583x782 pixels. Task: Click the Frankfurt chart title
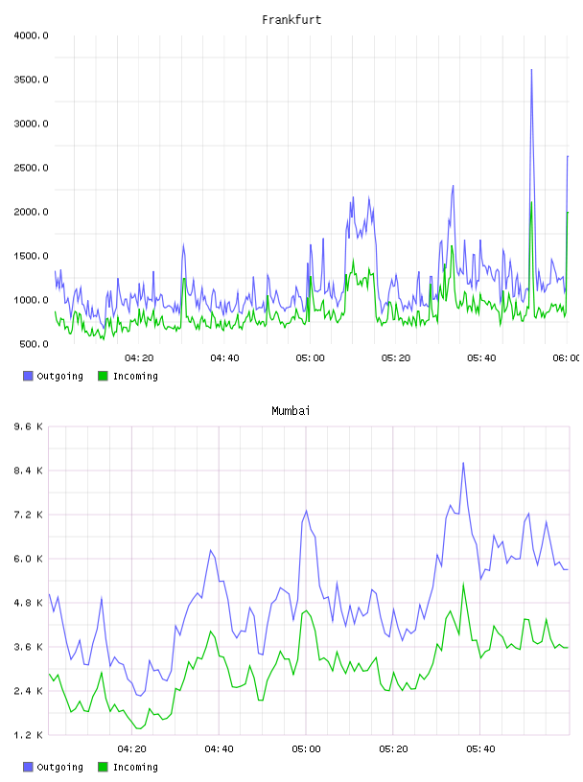click(291, 20)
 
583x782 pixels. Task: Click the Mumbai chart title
click(291, 411)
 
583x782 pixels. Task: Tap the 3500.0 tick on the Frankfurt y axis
click(32, 80)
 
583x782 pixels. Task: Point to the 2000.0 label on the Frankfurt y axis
click(32, 212)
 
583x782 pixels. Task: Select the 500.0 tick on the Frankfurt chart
click(34, 344)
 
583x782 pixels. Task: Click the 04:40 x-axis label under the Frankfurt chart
click(224, 358)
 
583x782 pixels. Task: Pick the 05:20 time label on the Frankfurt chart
click(396, 358)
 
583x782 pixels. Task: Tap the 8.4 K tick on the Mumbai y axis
click(29, 471)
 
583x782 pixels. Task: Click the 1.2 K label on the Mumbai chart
click(29, 735)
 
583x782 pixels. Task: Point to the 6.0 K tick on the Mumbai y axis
click(29, 559)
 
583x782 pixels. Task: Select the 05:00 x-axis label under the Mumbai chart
click(306, 749)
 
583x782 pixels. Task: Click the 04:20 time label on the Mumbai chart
click(131, 749)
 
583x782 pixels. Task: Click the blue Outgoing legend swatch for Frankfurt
click(28, 376)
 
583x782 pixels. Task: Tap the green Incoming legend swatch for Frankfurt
click(103, 376)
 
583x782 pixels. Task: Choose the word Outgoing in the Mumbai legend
click(59, 768)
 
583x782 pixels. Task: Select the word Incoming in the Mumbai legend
click(135, 768)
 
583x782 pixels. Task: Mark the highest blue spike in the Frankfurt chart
click(531, 70)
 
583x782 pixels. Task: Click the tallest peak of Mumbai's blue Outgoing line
click(463, 463)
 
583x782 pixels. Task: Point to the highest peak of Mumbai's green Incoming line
click(463, 584)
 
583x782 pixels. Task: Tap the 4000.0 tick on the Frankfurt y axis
click(32, 35)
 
